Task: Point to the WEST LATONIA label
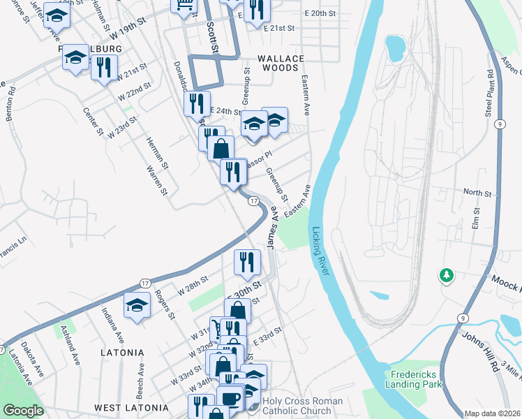tap(131, 408)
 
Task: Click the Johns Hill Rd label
tap(481, 353)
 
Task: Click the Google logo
tap(23, 411)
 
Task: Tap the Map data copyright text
tap(493, 413)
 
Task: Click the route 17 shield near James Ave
tap(254, 201)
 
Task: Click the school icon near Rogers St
tap(137, 304)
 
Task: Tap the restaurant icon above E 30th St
tap(247, 262)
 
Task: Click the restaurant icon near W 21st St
tap(104, 67)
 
